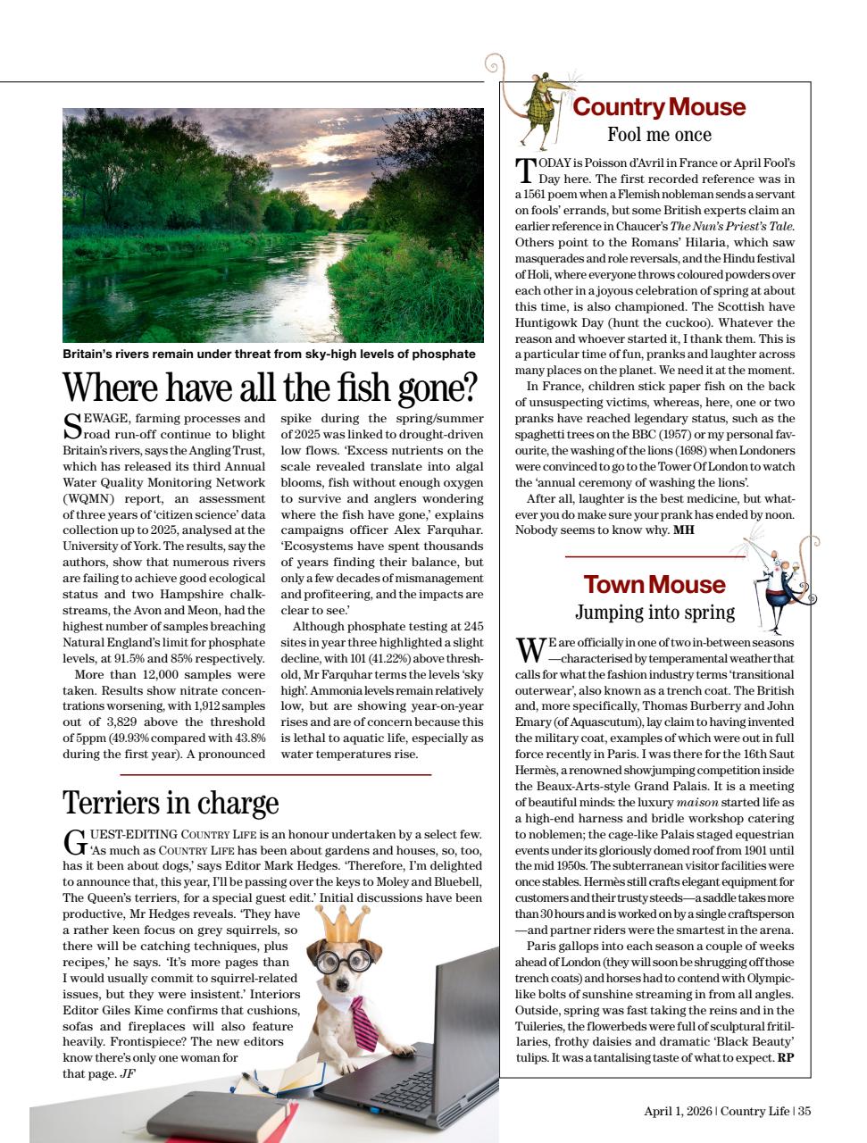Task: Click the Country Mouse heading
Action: tap(658, 107)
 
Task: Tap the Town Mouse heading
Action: tap(654, 585)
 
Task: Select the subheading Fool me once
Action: tap(659, 136)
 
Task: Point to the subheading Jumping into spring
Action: tap(654, 613)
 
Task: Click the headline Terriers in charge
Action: tap(171, 802)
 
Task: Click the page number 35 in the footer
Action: tap(804, 1111)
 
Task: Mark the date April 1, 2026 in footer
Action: tap(678, 1111)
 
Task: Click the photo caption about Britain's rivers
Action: tap(269, 355)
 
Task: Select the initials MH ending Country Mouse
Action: tap(683, 530)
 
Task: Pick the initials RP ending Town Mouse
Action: tap(785, 1058)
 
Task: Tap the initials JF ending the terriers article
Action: tap(127, 1073)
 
